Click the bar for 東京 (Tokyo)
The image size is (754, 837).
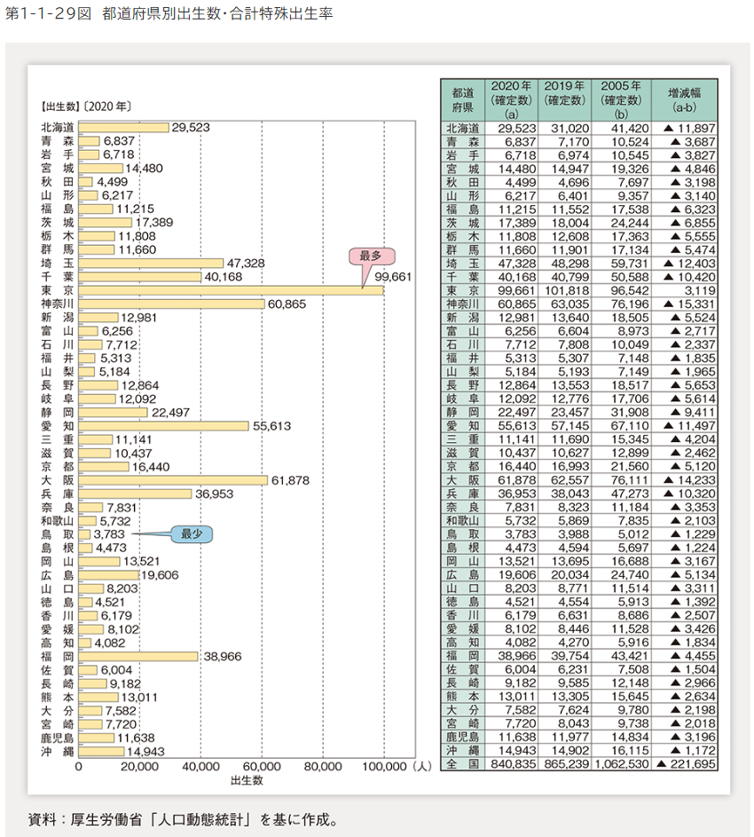click(231, 291)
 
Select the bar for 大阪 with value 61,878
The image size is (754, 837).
click(173, 480)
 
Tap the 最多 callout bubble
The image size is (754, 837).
click(370, 257)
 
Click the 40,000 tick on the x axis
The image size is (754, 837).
click(200, 766)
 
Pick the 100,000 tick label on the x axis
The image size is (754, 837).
click(383, 766)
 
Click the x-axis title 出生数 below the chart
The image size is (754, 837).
click(246, 781)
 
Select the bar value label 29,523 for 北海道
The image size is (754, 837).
click(191, 128)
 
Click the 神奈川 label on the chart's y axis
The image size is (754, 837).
click(57, 304)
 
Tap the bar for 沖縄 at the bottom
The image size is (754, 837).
click(101, 752)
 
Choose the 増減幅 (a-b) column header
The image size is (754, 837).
click(684, 98)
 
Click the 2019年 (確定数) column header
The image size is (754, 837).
click(564, 92)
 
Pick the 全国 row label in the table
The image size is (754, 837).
click(462, 764)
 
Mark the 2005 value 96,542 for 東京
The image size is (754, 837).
click(626, 290)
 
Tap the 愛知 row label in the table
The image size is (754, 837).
click(462, 426)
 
